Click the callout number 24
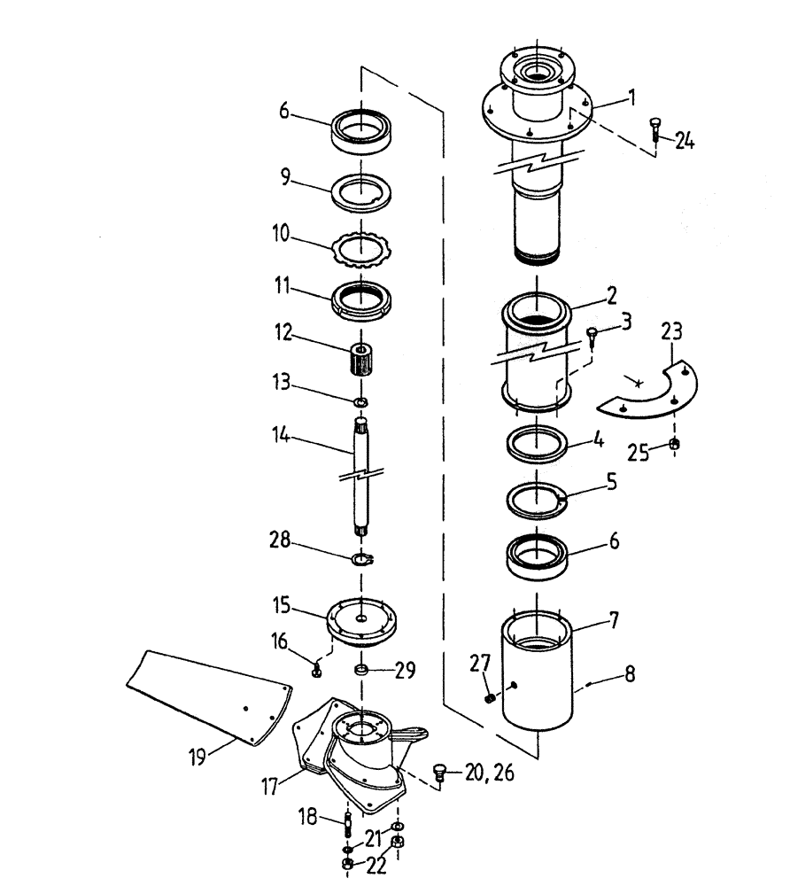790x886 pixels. click(684, 141)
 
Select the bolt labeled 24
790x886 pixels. click(655, 129)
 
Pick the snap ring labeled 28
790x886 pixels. click(362, 558)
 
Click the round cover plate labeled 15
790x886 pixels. click(361, 617)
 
